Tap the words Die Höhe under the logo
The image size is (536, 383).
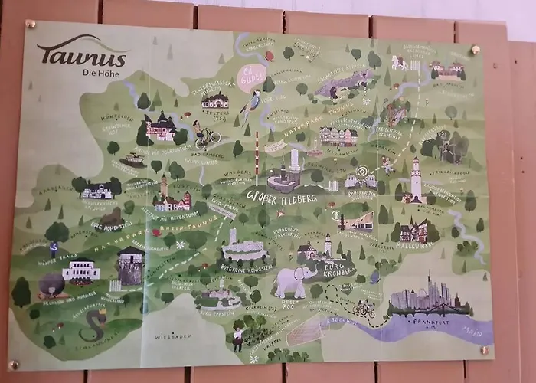[x=101, y=74]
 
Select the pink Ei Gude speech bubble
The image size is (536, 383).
[x=252, y=77]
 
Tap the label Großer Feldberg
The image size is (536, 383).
[x=282, y=196]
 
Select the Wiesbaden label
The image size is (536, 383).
[x=174, y=336]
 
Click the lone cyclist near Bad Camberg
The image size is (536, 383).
[x=206, y=136]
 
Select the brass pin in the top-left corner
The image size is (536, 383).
[x=31, y=25]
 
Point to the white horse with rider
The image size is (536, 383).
[x=399, y=62]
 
